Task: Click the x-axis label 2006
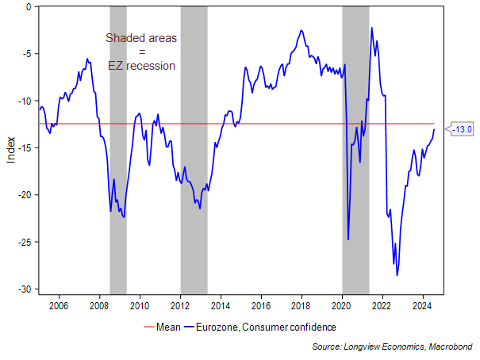(x=59, y=304)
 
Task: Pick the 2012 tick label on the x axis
(x=180, y=304)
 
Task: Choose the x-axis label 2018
(x=301, y=304)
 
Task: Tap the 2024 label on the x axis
(x=422, y=304)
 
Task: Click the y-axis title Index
(x=10, y=148)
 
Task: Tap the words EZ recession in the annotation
(x=142, y=66)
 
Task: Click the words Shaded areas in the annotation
(x=142, y=38)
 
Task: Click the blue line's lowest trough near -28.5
(x=397, y=275)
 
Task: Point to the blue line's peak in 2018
(x=301, y=31)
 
